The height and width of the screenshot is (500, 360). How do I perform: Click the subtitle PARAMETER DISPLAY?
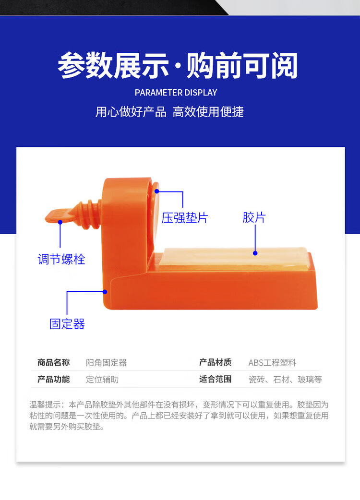tap(176, 93)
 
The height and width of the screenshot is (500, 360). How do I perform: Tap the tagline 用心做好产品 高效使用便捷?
tap(169, 112)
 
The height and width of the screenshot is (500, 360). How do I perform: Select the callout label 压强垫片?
tap(184, 218)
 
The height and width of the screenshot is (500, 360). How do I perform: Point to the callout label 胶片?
tap(254, 218)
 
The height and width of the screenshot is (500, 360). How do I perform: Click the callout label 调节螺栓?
tap(61, 260)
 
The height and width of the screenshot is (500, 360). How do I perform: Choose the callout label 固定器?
tap(67, 324)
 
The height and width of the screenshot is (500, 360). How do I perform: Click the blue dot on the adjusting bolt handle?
tap(60, 222)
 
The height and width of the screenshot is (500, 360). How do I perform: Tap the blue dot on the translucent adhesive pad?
tap(255, 253)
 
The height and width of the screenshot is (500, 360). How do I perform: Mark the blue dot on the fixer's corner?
tap(105, 291)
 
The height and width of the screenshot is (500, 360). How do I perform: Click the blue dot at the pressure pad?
tap(156, 191)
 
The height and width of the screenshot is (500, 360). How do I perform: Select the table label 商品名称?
tap(53, 363)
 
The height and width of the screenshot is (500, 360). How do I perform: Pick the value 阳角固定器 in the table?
tap(106, 363)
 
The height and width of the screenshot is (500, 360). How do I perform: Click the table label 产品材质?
tap(215, 363)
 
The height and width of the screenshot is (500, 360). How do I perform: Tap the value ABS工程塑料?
tap(272, 363)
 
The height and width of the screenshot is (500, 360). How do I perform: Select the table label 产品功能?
tap(53, 379)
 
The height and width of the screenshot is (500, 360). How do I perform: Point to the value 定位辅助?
tap(102, 379)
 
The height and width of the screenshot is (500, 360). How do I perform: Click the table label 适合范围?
tap(215, 379)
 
